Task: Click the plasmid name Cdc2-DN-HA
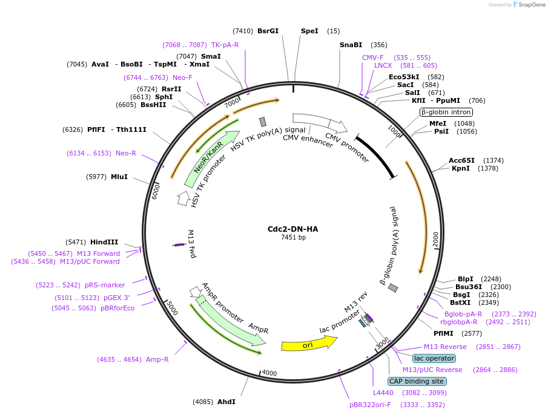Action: [x=292, y=229]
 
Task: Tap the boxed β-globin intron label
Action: [x=446, y=112]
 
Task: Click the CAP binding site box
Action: [x=417, y=381]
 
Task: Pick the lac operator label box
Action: [x=434, y=358]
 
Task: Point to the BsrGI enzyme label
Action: [x=268, y=31]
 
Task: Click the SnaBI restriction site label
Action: [x=351, y=45]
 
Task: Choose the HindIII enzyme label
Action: [x=104, y=242]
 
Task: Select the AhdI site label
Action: [x=226, y=402]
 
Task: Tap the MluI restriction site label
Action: [x=119, y=177]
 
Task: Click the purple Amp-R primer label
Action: [x=157, y=359]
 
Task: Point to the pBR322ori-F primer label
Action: [x=370, y=405]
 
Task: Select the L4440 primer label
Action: [x=383, y=393]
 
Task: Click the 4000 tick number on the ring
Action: [x=269, y=373]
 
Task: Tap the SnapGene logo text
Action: [x=531, y=5]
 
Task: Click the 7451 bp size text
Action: [x=292, y=238]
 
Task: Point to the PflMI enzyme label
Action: [x=443, y=333]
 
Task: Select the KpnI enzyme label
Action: [x=461, y=168]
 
